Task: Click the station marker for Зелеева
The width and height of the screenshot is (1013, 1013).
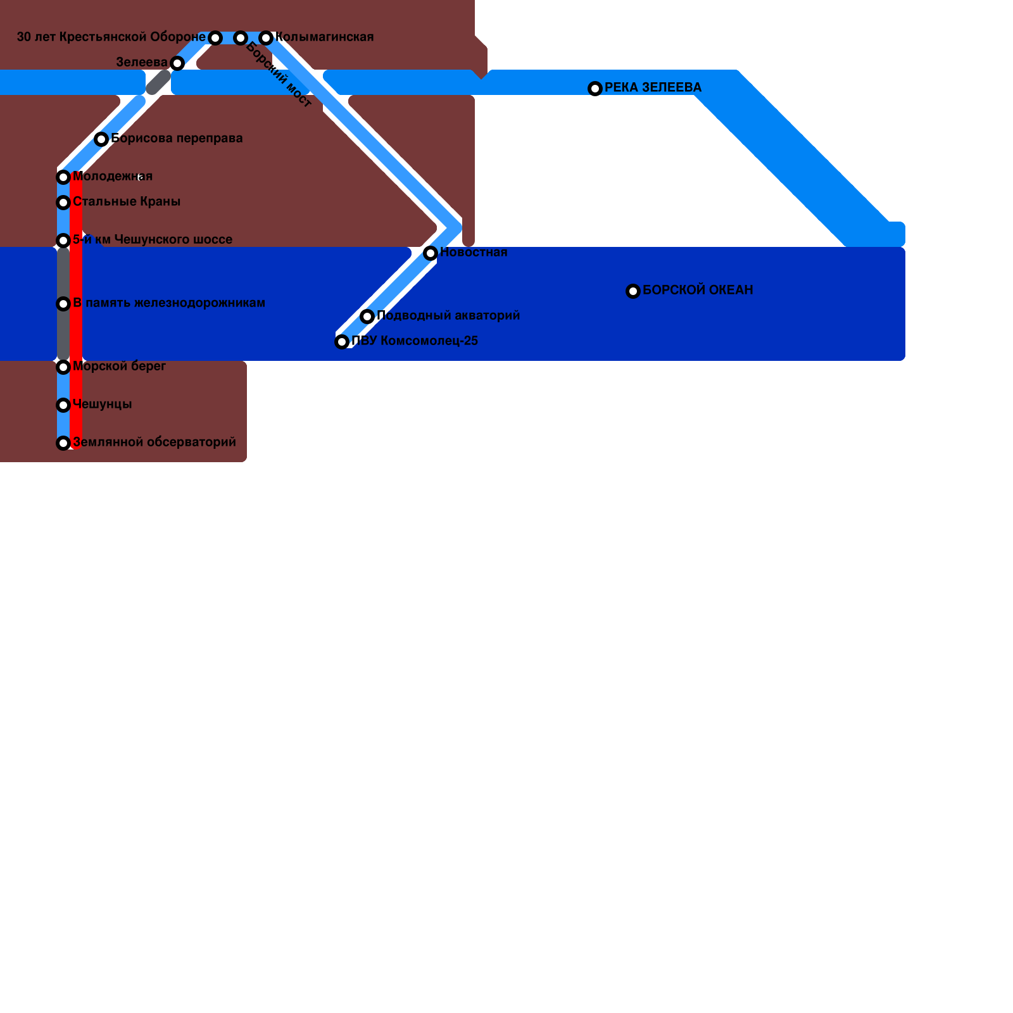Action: [x=177, y=63]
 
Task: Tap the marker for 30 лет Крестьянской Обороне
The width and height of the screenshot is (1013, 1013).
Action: [x=215, y=38]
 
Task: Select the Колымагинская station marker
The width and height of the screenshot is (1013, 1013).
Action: [x=266, y=38]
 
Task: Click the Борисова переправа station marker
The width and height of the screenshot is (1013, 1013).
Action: [x=101, y=139]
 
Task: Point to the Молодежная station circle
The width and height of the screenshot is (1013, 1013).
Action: [x=63, y=177]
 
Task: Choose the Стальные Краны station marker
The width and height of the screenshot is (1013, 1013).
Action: [x=63, y=203]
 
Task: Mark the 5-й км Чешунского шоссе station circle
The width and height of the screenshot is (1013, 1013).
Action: [x=63, y=241]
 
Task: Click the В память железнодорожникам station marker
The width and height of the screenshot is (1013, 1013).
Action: [x=63, y=304]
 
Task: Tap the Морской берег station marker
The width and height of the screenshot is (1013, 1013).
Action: [x=63, y=367]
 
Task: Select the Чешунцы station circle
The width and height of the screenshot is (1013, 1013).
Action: [x=63, y=405]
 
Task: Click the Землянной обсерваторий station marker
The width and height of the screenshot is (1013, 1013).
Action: [x=63, y=443]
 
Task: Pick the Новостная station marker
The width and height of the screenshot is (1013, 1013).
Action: [x=431, y=253]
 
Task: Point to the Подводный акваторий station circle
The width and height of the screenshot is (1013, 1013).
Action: [x=367, y=317]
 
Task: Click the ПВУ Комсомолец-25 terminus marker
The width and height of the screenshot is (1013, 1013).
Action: [x=342, y=342]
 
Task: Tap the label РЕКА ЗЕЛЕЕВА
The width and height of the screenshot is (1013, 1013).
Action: [x=653, y=87]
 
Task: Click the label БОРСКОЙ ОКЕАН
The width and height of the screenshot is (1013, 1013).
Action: [x=698, y=290]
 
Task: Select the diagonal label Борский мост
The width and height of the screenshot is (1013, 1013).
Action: [x=279, y=75]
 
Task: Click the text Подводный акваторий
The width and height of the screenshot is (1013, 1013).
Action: [x=448, y=315]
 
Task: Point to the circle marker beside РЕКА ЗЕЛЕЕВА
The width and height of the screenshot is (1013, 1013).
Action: [x=595, y=89]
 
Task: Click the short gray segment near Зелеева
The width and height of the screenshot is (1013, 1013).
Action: [x=158, y=82]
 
